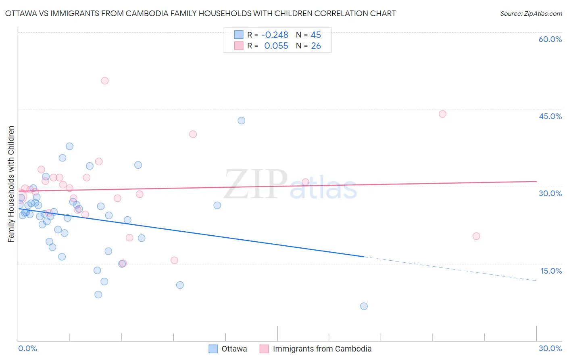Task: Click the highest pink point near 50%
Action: coord(105,81)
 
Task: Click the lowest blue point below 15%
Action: coord(364,306)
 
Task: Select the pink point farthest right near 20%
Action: coord(476,236)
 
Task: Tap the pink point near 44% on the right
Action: coord(442,114)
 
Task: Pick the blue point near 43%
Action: coord(241,121)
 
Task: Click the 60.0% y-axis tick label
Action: coord(550,39)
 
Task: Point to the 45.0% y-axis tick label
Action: coord(550,116)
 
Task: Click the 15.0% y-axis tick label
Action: coord(551,271)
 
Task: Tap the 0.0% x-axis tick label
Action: coord(27,348)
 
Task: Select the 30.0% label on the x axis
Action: coord(550,348)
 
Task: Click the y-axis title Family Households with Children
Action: coord(11,184)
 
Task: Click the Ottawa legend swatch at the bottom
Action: coord(213,349)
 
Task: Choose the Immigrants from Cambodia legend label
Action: coord(322,349)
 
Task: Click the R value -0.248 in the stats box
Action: coord(275,35)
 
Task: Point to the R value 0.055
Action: coord(276,46)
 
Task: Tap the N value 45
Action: coord(316,35)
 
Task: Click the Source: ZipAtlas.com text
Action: coord(531,14)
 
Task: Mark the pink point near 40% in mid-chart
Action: coord(193,134)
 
